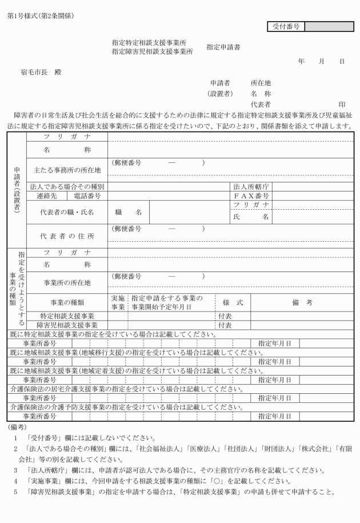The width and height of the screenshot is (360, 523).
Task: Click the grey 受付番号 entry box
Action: click(330, 26)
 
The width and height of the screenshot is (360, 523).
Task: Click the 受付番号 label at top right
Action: click(286, 26)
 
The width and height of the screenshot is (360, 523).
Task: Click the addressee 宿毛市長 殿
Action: click(41, 73)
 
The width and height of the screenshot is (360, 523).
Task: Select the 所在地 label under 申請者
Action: click(261, 83)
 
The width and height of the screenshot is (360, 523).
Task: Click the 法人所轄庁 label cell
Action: click(251, 187)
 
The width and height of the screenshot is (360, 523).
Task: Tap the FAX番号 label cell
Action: click(251, 196)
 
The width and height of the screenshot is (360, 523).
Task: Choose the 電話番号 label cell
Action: click(85, 196)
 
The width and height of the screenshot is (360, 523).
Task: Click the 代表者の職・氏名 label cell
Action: click(67, 212)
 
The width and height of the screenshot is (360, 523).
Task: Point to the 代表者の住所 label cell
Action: click(67, 235)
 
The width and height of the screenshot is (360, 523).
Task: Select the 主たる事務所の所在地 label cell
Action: click(67, 170)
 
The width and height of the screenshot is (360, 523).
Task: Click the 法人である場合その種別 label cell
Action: click(67, 187)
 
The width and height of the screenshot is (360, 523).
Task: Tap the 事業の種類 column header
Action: click(67, 302)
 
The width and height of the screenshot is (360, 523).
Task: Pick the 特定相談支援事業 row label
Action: click(67, 316)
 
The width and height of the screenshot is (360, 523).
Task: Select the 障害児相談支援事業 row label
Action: click(67, 325)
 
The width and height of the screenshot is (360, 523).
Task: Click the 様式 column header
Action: click(233, 302)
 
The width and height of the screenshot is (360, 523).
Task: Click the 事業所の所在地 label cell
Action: click(67, 282)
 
